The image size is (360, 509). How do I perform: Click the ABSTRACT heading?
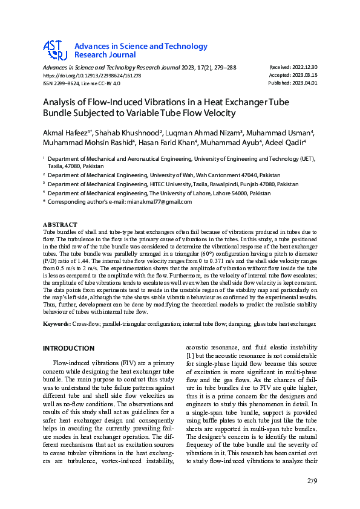[60, 225]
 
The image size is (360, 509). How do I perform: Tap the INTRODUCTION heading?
[68, 348]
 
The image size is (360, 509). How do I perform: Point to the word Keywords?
[56, 325]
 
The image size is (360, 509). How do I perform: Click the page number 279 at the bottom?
[312, 481]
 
